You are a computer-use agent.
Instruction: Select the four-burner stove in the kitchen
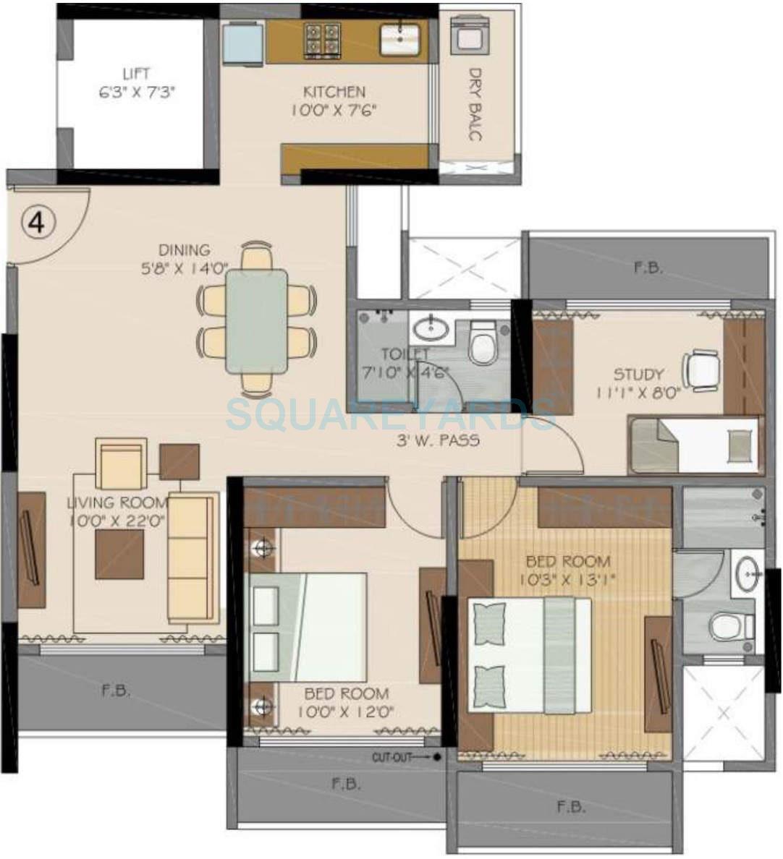(322, 40)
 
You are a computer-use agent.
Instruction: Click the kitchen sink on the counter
(399, 39)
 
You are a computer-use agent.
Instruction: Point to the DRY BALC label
(475, 104)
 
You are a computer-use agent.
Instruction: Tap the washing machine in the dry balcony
(464, 34)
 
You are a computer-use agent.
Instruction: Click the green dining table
(256, 321)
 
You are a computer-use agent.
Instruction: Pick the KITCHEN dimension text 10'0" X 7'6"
(334, 111)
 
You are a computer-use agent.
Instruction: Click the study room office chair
(701, 369)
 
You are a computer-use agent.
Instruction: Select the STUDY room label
(638, 374)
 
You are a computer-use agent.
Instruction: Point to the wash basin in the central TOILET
(431, 329)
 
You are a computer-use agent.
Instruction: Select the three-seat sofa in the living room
(192, 558)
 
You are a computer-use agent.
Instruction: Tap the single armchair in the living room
(121, 464)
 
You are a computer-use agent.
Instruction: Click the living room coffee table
(119, 554)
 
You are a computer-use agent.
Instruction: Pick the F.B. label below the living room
(116, 690)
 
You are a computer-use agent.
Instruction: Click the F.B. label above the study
(648, 267)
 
